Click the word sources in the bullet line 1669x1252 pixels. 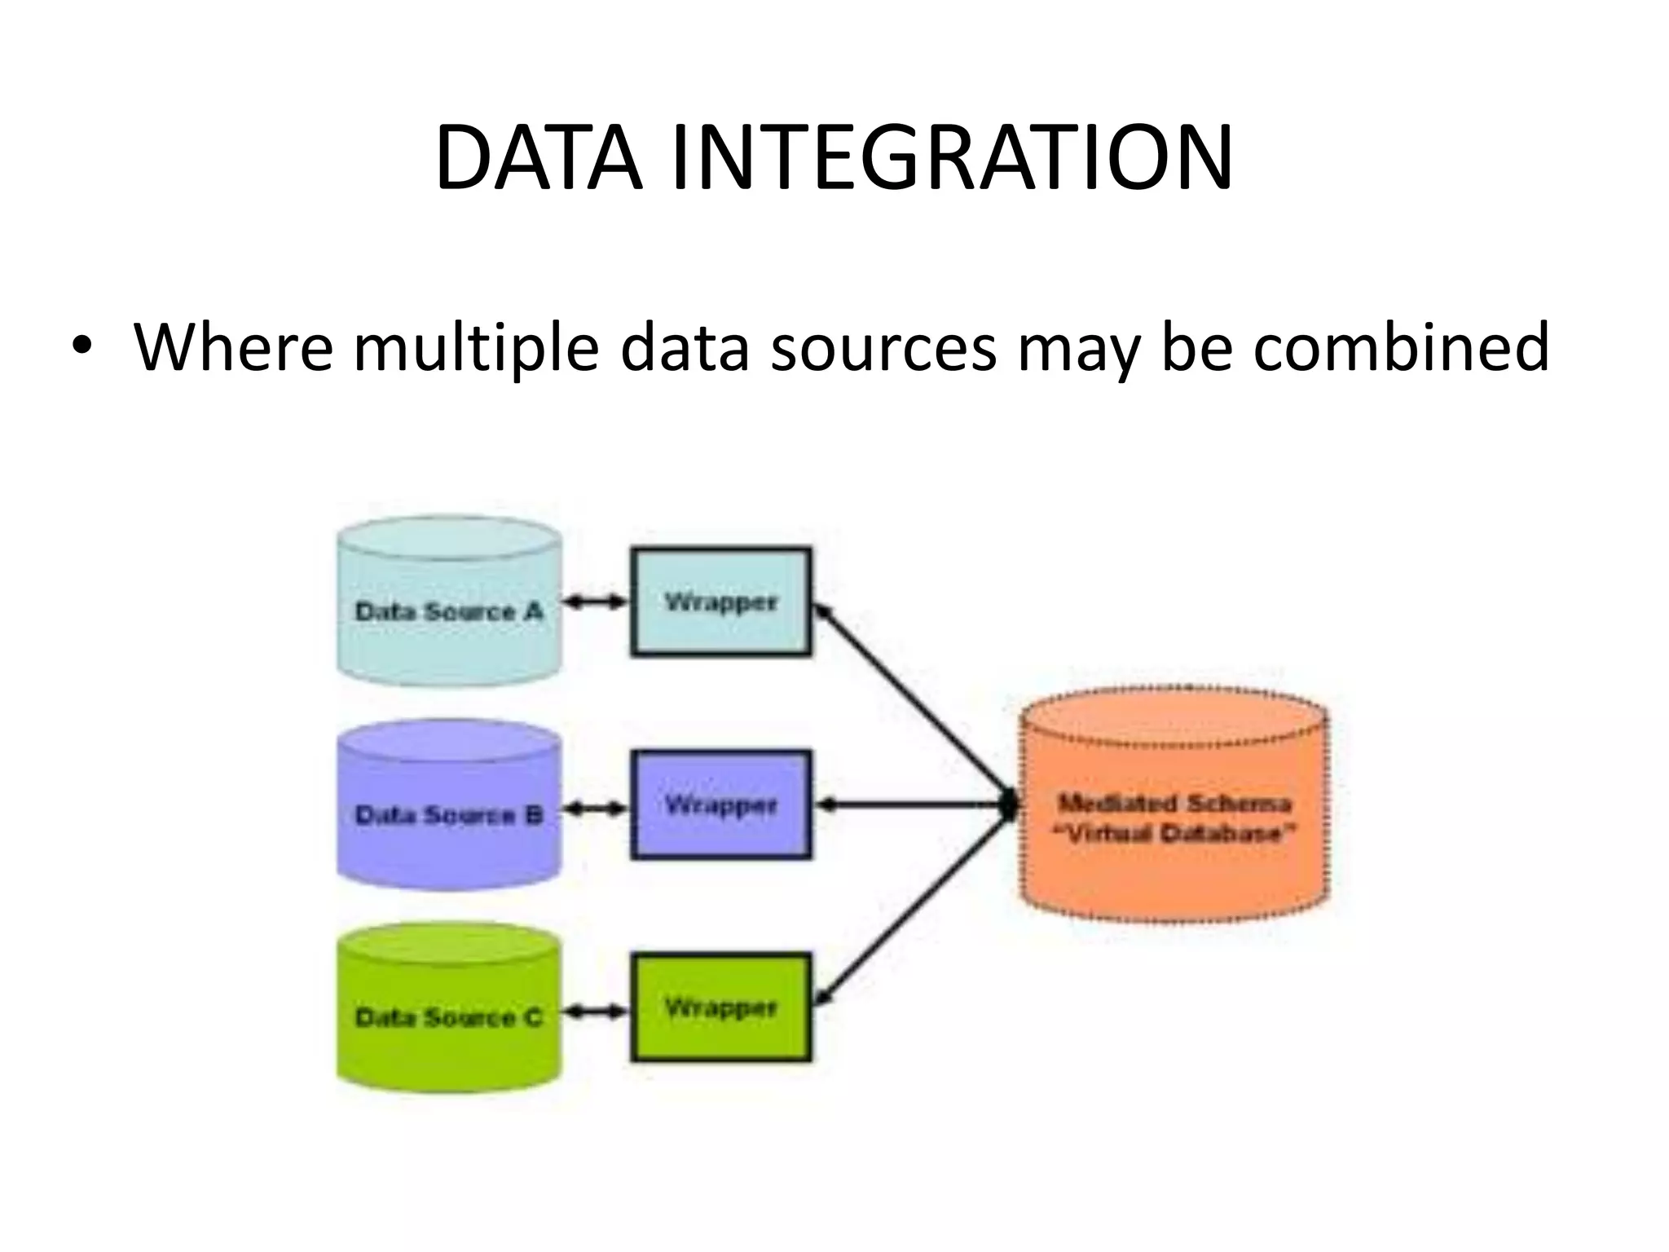tap(883, 349)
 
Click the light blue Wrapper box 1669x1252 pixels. tap(721, 602)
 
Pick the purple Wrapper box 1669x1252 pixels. tap(721, 805)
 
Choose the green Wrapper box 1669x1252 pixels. tap(721, 1007)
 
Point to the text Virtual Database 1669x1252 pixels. tap(1174, 834)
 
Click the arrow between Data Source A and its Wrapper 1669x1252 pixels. tap(597, 602)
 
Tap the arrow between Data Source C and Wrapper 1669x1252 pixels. tap(597, 1012)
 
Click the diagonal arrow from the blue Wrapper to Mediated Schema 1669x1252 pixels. tap(913, 701)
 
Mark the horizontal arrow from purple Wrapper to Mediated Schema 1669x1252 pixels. tap(913, 805)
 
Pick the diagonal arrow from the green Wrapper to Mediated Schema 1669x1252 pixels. tap(913, 905)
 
